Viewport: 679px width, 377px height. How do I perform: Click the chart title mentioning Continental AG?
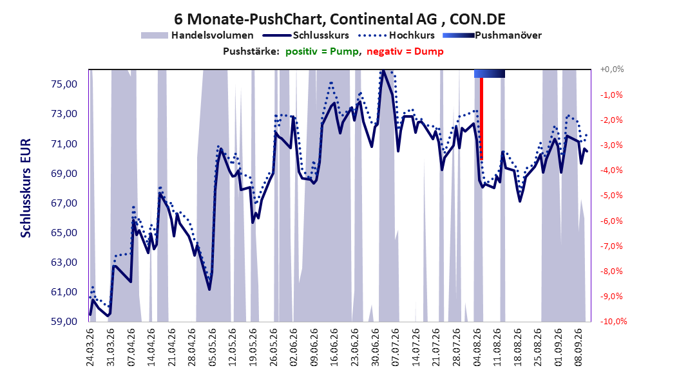pos(339,19)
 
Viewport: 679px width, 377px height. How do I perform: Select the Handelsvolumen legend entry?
pos(197,35)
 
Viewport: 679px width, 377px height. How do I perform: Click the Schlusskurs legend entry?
pos(306,35)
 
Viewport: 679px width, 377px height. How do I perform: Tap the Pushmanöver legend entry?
pos(492,35)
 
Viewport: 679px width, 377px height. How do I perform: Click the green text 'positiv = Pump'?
pos(321,51)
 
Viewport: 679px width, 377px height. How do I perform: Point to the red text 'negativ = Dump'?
pos(405,51)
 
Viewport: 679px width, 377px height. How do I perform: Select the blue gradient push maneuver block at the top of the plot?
pos(490,74)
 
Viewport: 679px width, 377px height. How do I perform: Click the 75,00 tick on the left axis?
pos(64,84)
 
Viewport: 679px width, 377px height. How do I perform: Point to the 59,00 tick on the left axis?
pos(64,322)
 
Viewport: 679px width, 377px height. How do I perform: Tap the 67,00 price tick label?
pos(64,203)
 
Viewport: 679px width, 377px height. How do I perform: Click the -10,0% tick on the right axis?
pos(613,321)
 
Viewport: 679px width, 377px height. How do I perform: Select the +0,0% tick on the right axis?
pos(612,69)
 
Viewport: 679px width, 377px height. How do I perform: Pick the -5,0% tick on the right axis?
pos(611,196)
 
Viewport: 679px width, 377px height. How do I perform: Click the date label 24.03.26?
pos(90,347)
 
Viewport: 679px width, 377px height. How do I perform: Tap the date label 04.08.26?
pos(477,347)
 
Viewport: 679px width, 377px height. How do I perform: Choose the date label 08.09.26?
pos(578,347)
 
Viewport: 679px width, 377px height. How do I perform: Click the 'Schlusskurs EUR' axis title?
pos(26,188)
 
